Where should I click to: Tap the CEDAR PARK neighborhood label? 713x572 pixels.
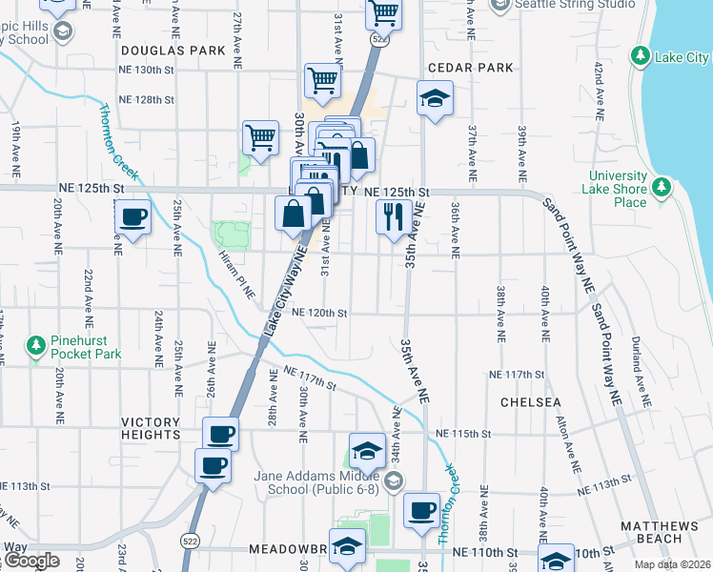[470, 68]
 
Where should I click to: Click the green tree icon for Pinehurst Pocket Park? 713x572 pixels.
[36, 344]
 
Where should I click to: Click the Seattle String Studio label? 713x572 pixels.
[575, 4]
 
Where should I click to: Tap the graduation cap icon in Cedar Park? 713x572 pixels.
[435, 98]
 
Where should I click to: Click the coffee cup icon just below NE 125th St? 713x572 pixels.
[133, 218]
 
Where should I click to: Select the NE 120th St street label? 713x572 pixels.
[319, 313]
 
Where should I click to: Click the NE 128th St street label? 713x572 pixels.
[146, 100]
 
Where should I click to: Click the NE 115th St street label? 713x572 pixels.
[463, 434]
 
